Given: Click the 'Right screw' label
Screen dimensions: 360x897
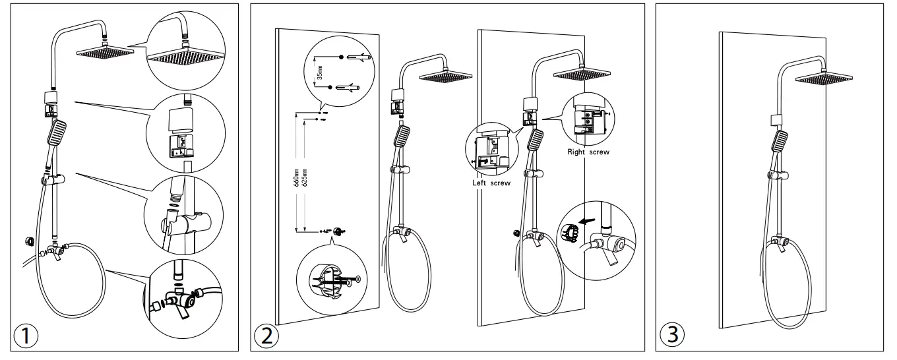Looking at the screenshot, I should point(588,151).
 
